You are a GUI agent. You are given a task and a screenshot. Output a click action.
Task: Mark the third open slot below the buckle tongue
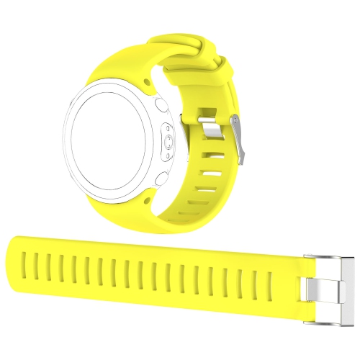[x=207, y=192]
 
